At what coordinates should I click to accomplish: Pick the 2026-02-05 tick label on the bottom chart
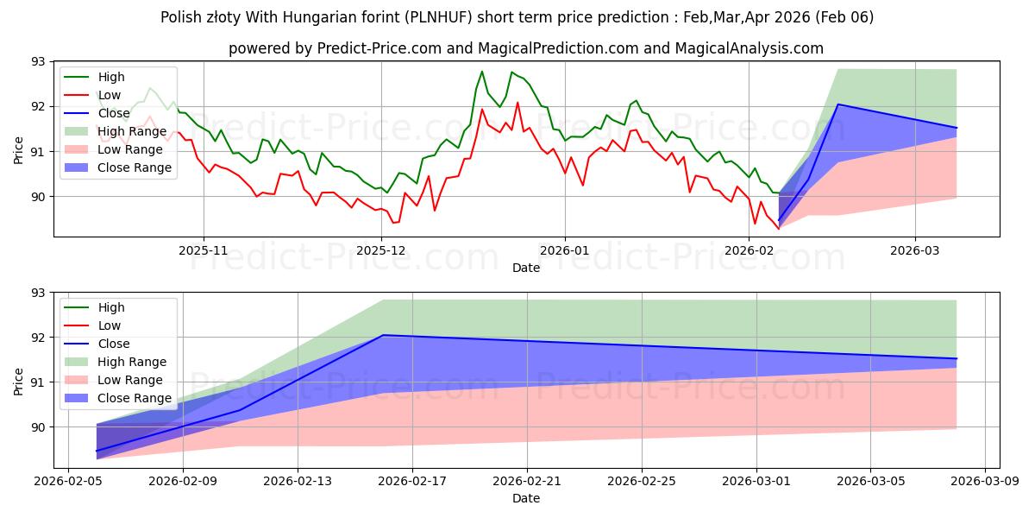tap(69, 481)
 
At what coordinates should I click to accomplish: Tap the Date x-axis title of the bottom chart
tap(526, 498)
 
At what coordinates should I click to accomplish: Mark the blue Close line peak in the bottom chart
tap(383, 335)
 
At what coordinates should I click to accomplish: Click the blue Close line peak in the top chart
tap(838, 104)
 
